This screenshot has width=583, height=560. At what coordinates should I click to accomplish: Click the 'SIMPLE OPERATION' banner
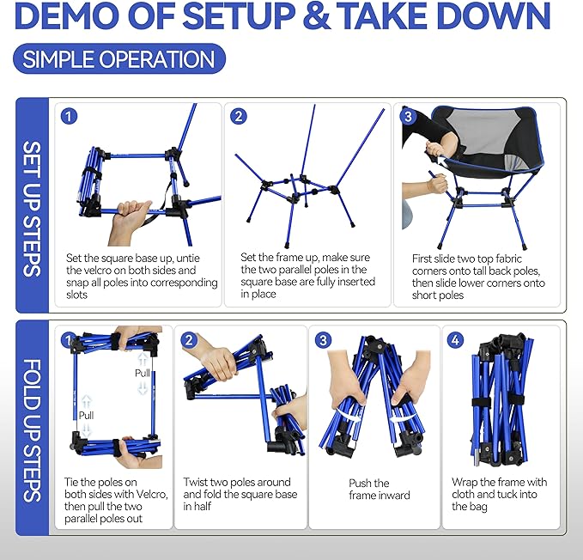(119, 58)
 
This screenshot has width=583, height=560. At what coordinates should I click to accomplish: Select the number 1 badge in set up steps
(69, 117)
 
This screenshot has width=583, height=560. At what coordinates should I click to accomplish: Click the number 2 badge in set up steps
(239, 117)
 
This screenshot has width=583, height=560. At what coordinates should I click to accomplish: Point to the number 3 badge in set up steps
(408, 117)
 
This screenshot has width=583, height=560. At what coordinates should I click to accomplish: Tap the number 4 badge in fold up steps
(455, 340)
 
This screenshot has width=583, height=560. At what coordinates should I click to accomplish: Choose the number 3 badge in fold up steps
(322, 340)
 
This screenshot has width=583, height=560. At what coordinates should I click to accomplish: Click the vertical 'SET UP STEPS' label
(32, 209)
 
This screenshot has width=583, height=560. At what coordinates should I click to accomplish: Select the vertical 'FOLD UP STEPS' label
(32, 430)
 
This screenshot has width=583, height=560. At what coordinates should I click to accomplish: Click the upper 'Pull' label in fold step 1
(143, 373)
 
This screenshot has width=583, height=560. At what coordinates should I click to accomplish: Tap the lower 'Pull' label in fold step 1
(86, 416)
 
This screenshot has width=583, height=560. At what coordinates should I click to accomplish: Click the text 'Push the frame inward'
(380, 489)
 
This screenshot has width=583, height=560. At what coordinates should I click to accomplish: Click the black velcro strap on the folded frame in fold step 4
(498, 401)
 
